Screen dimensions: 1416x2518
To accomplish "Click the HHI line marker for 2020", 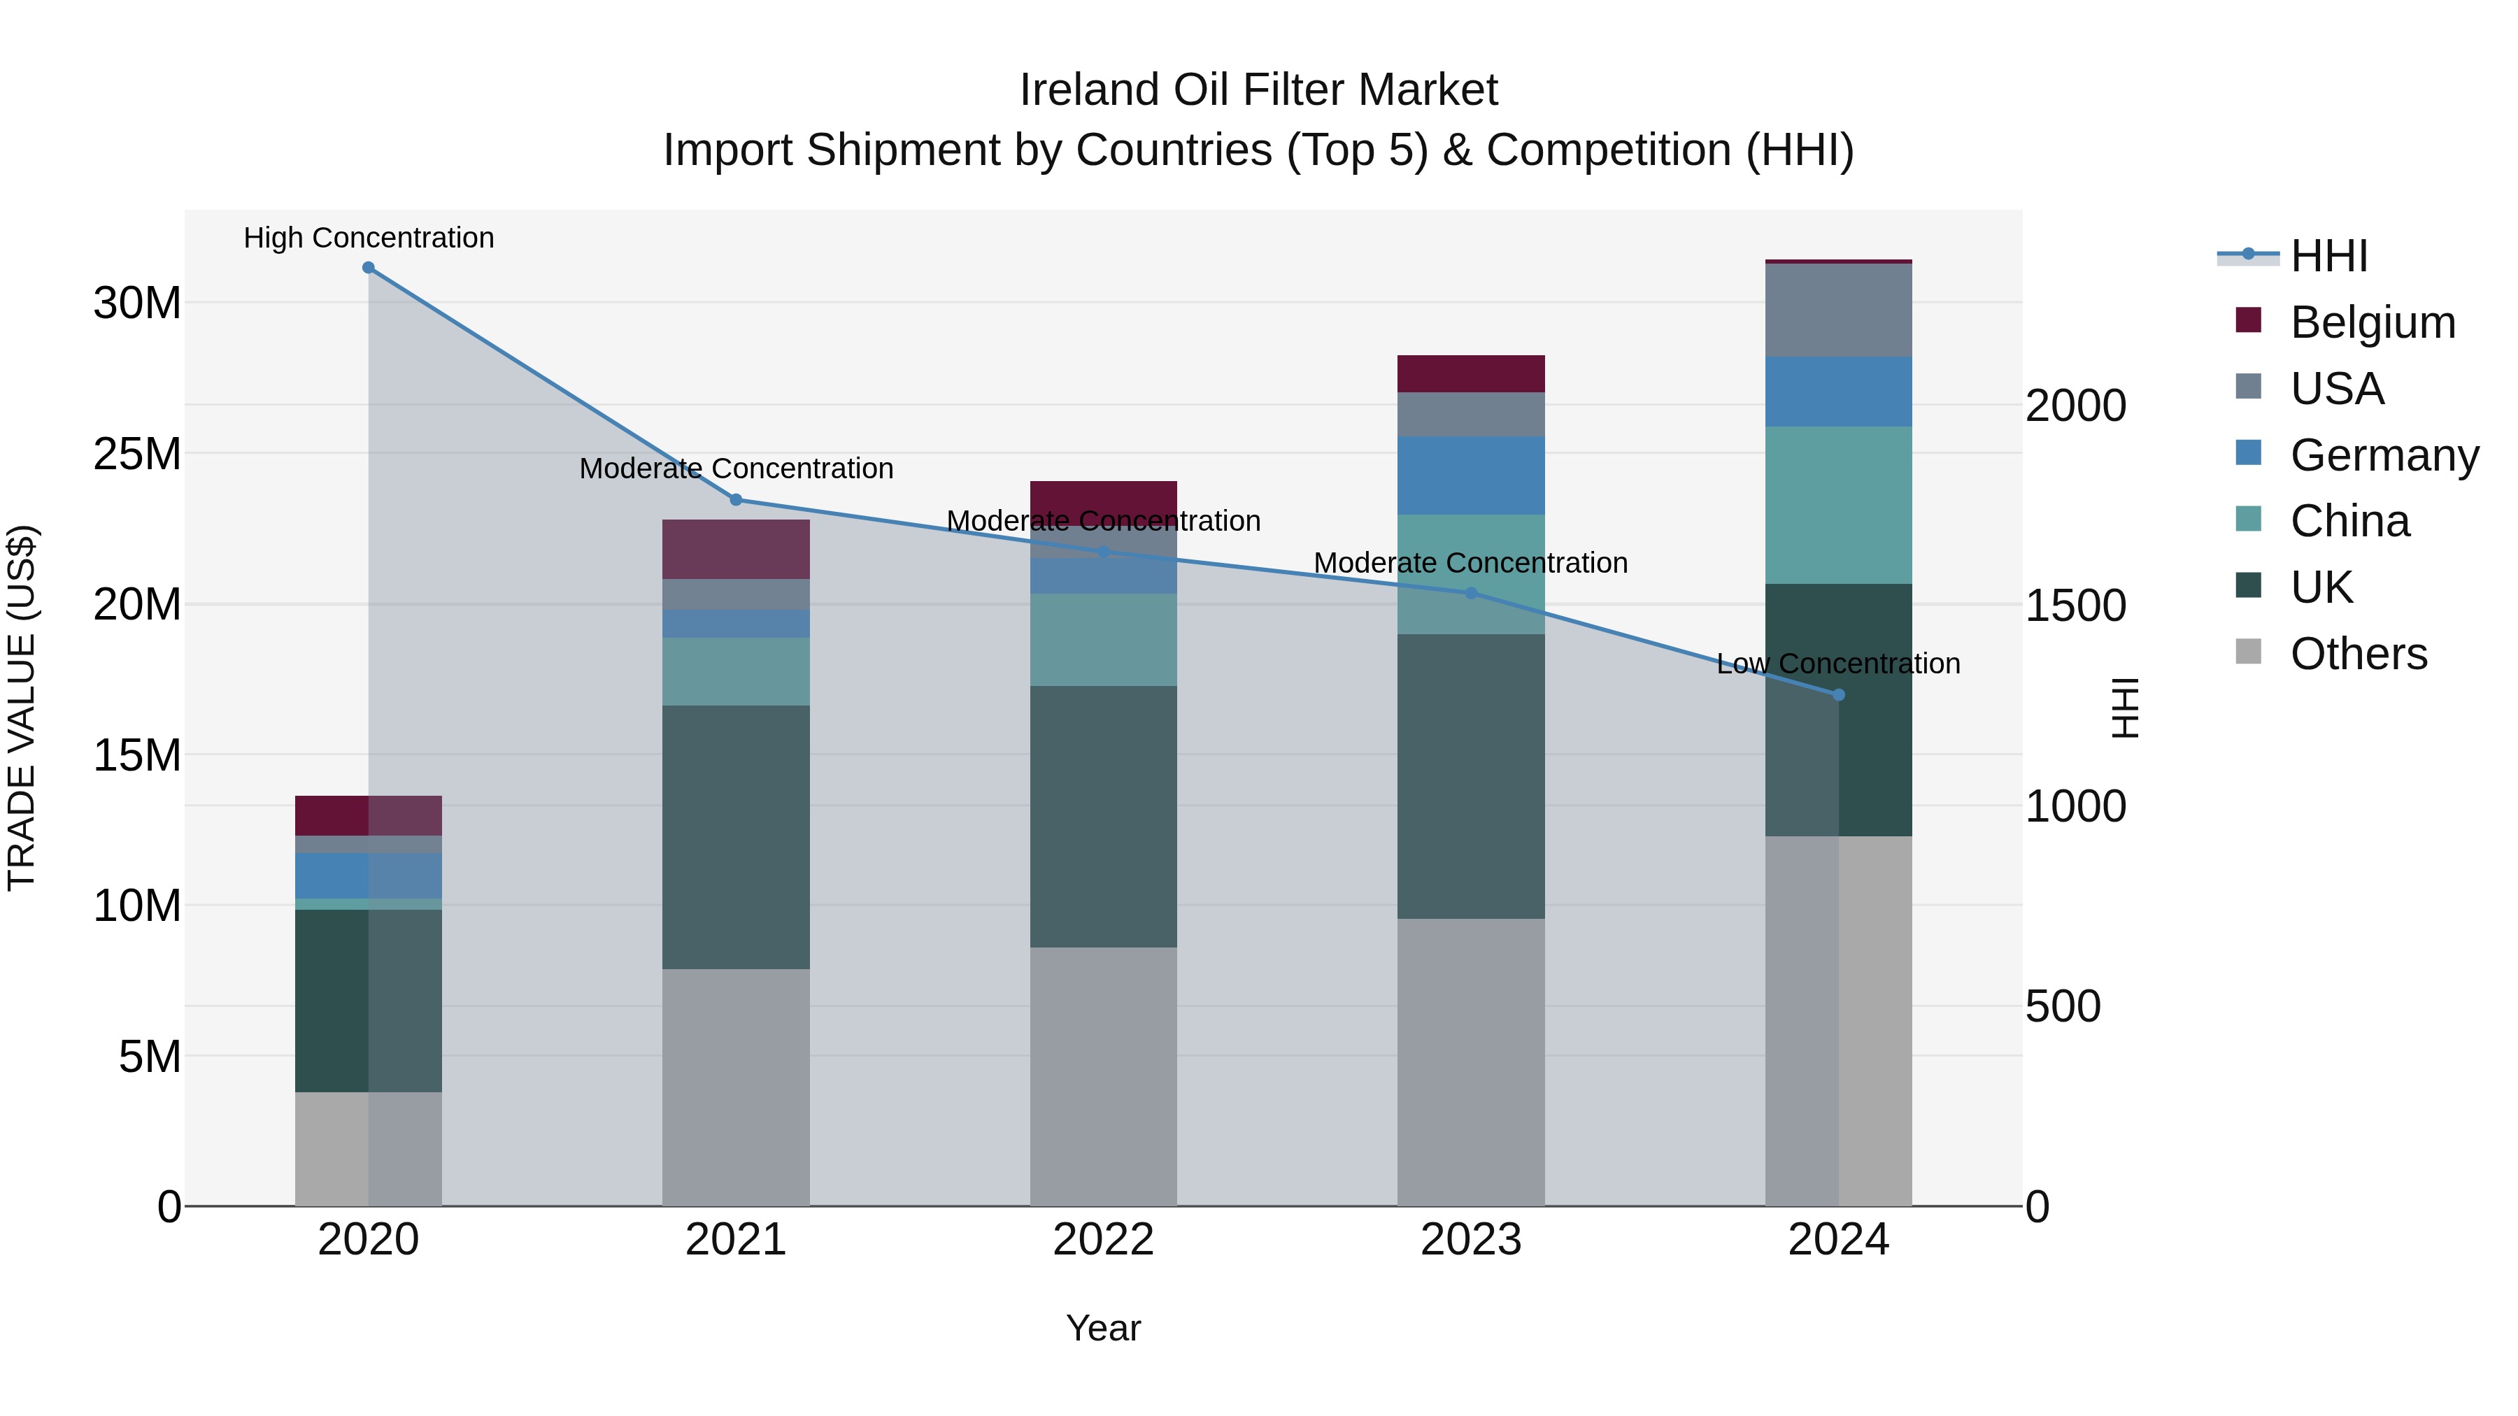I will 369,268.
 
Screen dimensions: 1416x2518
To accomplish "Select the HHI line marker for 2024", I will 1839,695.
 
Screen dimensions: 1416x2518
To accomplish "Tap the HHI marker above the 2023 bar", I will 1471,593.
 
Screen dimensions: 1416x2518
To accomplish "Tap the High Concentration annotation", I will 369,238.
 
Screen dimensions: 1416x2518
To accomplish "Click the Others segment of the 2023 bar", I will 1471,1061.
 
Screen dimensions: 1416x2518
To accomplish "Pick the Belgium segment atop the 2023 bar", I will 1471,373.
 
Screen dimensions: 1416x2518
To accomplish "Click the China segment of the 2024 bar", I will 1839,506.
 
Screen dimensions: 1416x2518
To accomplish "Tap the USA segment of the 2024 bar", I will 1839,310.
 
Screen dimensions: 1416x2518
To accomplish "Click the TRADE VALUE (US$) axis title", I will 22,708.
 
